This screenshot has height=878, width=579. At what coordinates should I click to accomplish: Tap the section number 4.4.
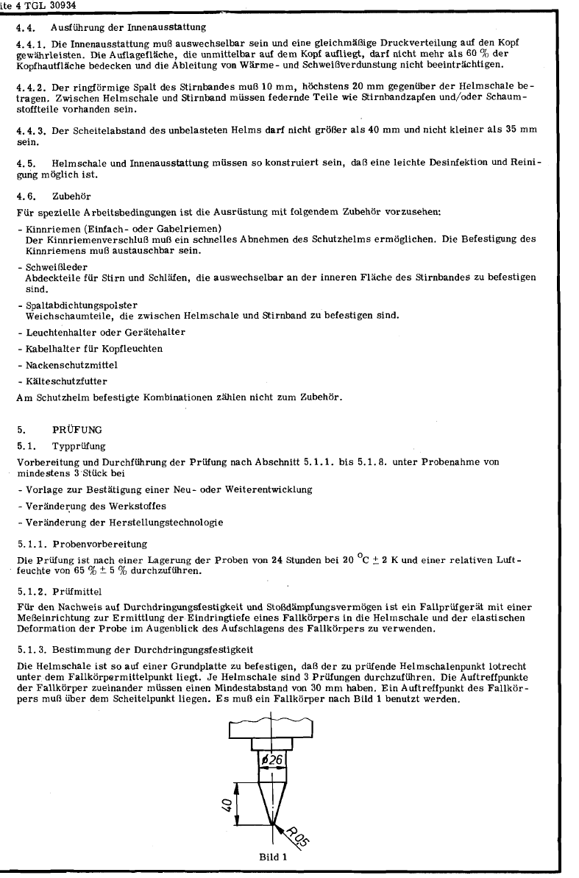[24, 28]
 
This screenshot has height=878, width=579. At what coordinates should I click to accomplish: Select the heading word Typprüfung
[79, 446]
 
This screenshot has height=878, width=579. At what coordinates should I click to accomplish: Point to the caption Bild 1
[272, 857]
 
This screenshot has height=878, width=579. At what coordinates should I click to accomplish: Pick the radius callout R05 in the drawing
[297, 836]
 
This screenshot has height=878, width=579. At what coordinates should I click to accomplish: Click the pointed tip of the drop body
[272, 823]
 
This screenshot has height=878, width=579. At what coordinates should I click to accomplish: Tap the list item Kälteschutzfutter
[57, 381]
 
